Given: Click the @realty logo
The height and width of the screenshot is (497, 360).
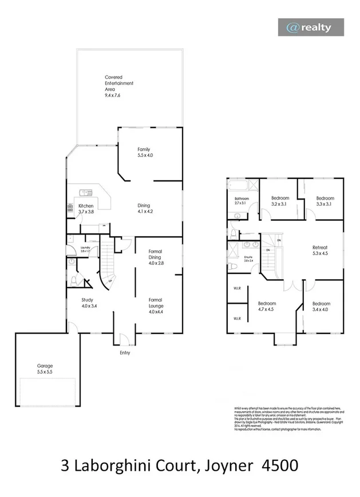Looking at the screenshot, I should click(x=311, y=27).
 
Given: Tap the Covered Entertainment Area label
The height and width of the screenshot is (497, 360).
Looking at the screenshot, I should click(x=119, y=86).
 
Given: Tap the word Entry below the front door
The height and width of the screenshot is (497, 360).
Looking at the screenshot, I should click(x=125, y=353).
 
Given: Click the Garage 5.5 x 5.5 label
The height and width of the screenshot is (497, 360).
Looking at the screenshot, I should click(x=45, y=368).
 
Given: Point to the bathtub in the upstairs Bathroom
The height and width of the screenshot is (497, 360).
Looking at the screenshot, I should click(x=240, y=188).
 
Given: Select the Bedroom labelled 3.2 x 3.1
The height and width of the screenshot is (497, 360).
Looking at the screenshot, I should click(x=280, y=201).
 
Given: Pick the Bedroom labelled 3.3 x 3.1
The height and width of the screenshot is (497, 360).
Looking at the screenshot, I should click(x=325, y=201).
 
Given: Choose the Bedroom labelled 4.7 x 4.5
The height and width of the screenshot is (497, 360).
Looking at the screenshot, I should click(x=267, y=307).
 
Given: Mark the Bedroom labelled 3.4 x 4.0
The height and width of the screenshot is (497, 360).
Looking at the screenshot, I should click(x=321, y=307).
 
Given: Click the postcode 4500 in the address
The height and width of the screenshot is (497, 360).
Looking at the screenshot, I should click(x=279, y=465).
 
